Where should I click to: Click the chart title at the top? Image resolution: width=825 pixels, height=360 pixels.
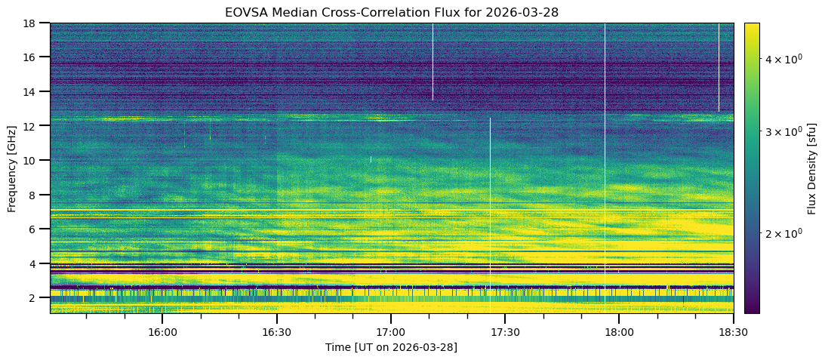[x=391, y=13]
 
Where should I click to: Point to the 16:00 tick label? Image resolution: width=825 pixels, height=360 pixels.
[x=162, y=332]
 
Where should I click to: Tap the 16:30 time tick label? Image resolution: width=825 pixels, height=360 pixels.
[x=276, y=332]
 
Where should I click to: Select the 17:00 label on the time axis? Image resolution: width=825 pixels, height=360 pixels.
[x=391, y=332]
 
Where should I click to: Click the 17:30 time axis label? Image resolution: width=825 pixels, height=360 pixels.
[x=505, y=332]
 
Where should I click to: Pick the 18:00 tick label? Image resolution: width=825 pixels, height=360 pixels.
[x=619, y=332]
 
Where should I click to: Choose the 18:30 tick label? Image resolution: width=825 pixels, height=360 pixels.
[x=733, y=332]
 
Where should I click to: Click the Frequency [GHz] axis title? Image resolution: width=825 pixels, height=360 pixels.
[x=12, y=168]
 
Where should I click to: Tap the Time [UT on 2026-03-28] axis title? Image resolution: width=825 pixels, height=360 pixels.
[x=391, y=347]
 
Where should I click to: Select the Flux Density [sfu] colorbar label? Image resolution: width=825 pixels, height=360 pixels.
[x=812, y=168]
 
